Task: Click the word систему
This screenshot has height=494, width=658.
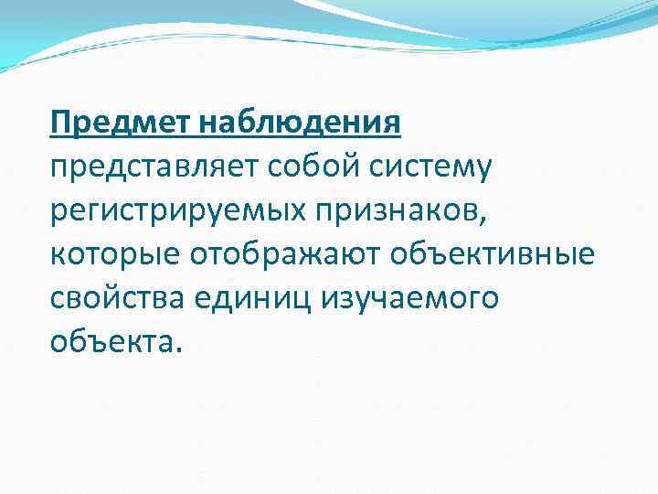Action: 422,167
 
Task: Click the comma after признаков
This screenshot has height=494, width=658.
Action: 480,220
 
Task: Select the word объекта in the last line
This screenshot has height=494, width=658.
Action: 110,341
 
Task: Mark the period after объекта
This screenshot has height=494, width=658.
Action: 178,349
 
